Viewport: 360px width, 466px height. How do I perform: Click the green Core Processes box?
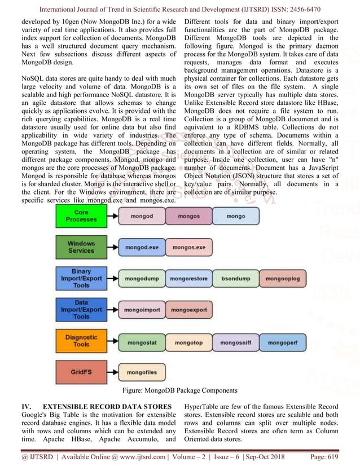coord(81,216)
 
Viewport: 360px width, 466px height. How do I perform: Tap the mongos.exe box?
coord(189,247)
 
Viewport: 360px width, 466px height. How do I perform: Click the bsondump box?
coord(236,278)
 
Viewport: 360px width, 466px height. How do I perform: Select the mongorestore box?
coord(189,278)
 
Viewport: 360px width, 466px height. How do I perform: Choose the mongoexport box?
coord(189,310)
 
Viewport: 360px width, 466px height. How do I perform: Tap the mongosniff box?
coord(236,342)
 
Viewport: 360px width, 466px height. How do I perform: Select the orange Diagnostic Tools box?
coord(81,341)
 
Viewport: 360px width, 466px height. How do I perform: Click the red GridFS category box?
coord(81,372)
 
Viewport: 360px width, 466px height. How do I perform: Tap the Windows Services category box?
coord(81,247)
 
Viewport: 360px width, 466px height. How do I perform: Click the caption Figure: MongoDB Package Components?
coord(179,390)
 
